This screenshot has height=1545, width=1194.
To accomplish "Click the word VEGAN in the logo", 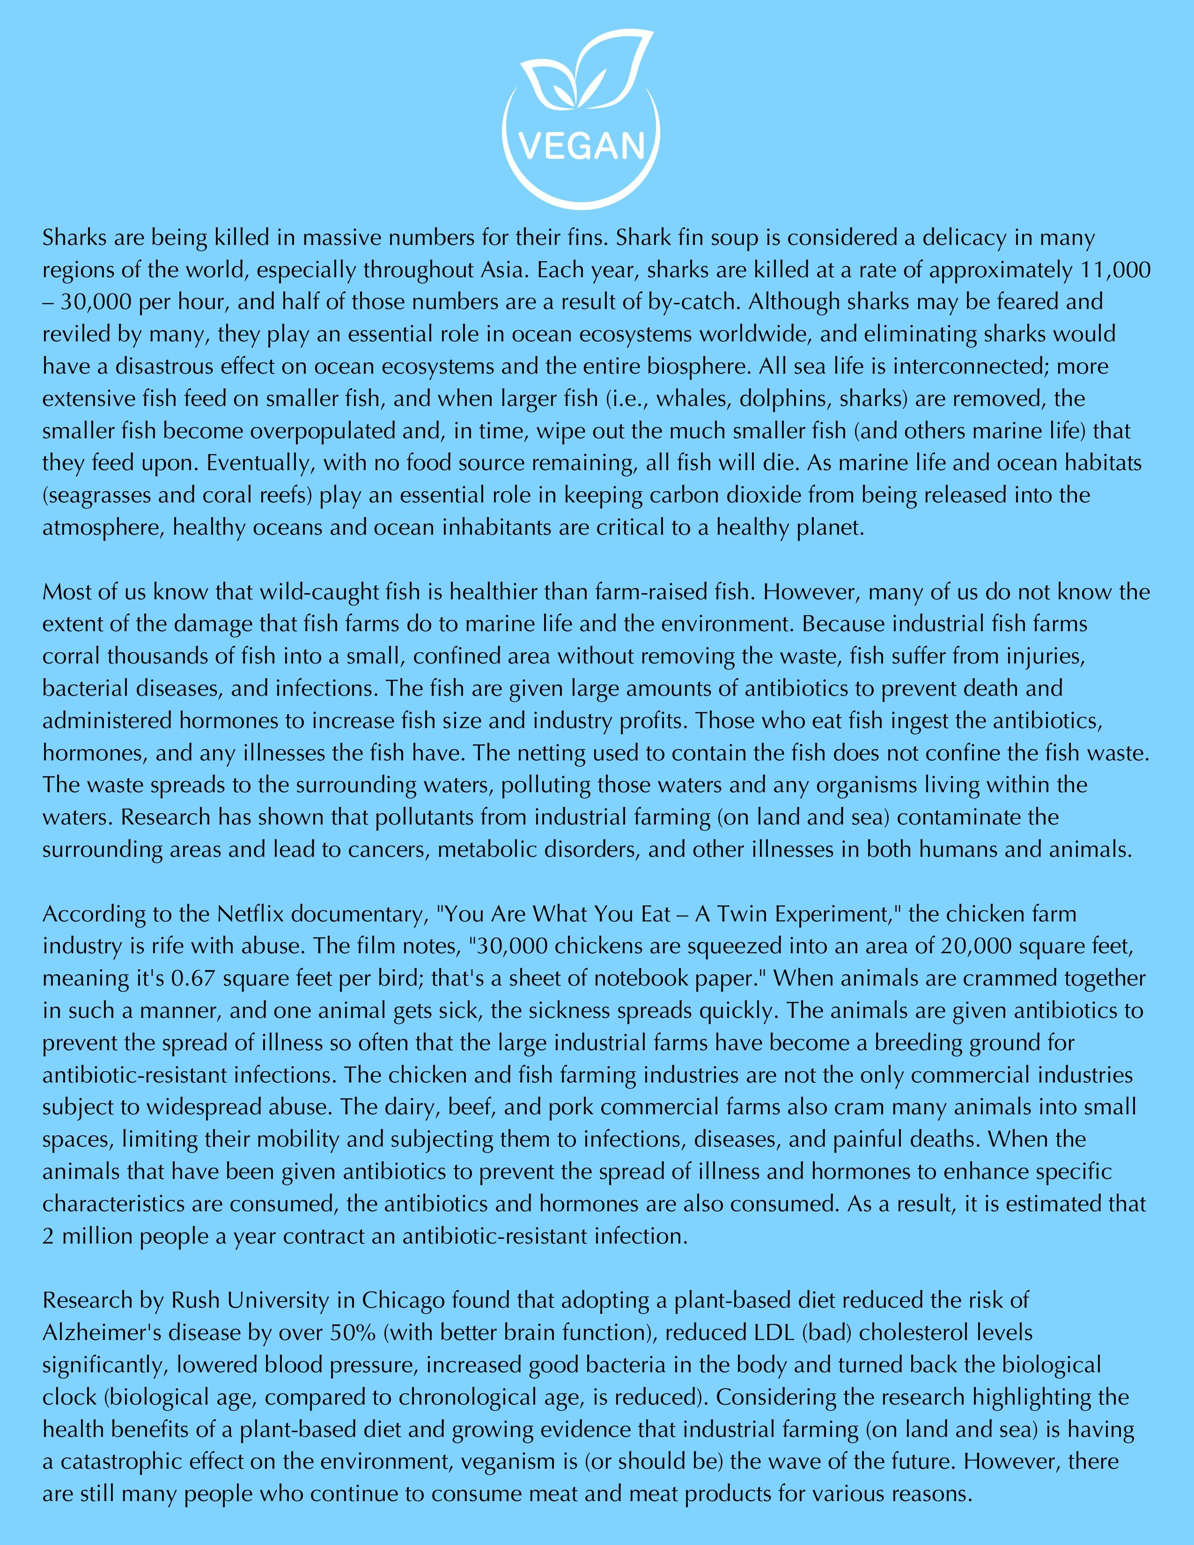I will pos(582,146).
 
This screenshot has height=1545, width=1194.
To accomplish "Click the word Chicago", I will pos(403,1300).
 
